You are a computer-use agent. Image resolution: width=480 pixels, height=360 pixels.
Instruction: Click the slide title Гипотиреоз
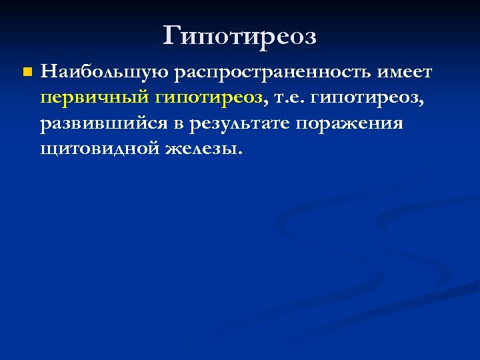pyautogui.click(x=240, y=36)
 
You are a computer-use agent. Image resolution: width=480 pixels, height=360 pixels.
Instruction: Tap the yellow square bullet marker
pyautogui.click(x=26, y=71)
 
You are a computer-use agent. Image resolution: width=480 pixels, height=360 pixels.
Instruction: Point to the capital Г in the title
pyautogui.click(x=172, y=36)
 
